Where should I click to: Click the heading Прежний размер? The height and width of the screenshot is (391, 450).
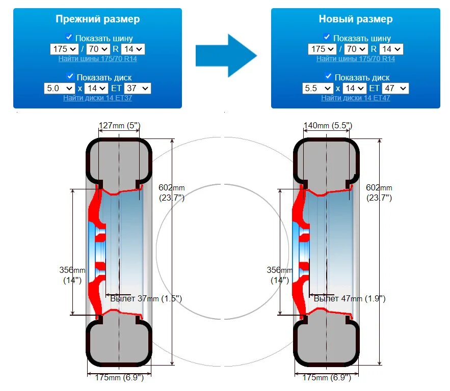click(x=97, y=19)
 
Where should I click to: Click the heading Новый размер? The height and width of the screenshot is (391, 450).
click(x=355, y=19)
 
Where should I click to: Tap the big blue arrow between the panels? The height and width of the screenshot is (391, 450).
click(x=226, y=55)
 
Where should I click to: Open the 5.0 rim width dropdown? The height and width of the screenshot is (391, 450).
click(x=60, y=88)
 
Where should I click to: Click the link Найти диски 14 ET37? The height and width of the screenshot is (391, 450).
click(x=97, y=98)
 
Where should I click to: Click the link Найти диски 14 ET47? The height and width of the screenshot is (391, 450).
click(x=355, y=98)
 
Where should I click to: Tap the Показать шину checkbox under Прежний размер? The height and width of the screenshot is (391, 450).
click(x=69, y=37)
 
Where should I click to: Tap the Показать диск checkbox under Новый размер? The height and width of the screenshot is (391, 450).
click(x=327, y=77)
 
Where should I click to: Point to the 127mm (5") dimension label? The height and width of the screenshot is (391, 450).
click(x=119, y=125)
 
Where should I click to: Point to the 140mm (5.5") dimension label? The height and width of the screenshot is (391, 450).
click(x=328, y=125)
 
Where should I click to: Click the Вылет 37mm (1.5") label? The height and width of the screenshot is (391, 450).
click(x=146, y=298)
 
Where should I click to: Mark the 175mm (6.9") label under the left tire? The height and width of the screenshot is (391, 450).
click(x=119, y=378)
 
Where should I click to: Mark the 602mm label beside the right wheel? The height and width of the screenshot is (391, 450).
click(x=379, y=188)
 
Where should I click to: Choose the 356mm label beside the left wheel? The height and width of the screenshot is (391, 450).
click(x=72, y=270)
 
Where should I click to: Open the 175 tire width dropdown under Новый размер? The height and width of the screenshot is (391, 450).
click(x=322, y=49)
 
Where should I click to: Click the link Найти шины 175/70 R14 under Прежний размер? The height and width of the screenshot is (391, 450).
click(x=97, y=59)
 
